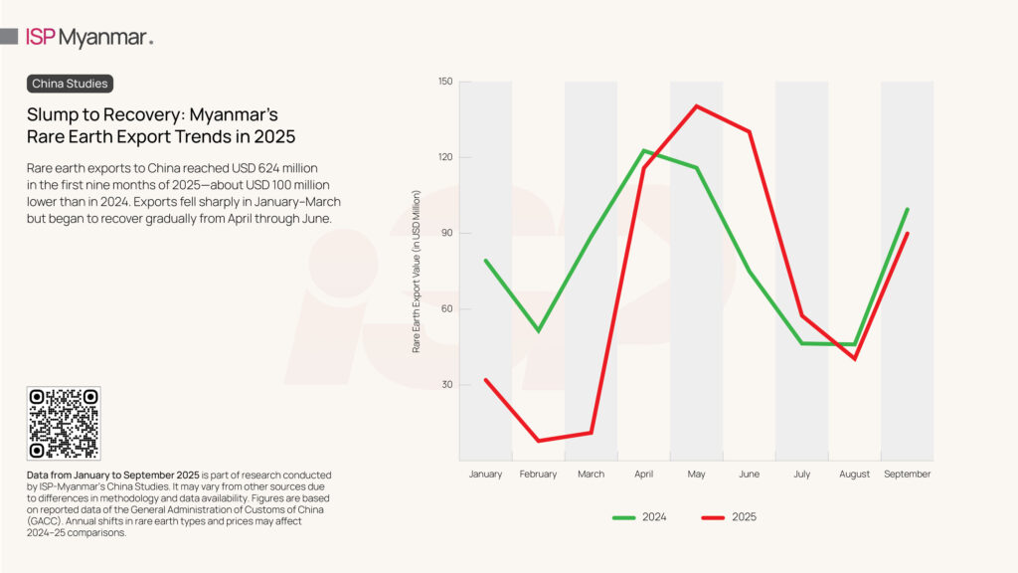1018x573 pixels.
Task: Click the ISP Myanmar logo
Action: click(88, 38)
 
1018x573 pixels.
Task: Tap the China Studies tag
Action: click(70, 84)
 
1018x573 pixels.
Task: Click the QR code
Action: click(64, 423)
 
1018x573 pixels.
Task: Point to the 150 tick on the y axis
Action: click(443, 82)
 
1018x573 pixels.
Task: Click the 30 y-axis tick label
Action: click(445, 384)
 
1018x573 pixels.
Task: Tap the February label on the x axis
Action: click(538, 475)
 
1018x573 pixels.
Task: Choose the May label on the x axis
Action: click(696, 475)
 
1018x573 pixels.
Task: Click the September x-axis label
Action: click(907, 475)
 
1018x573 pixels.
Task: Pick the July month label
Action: click(801, 475)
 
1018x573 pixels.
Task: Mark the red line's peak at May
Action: click(696, 105)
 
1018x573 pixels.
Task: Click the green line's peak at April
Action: click(643, 150)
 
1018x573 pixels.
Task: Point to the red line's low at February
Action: click(539, 441)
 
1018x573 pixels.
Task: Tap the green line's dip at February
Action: click(538, 330)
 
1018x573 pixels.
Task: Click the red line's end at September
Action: click(907, 234)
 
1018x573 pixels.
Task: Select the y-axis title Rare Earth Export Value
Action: click(418, 271)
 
